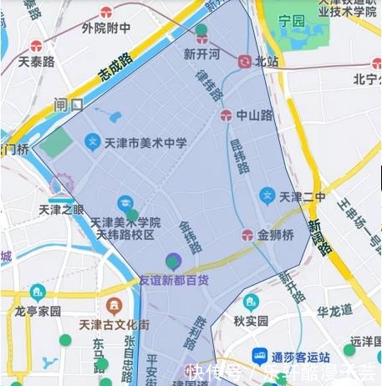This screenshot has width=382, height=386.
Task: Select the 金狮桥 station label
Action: (275, 236)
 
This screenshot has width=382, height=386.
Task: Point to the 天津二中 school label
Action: (302, 197)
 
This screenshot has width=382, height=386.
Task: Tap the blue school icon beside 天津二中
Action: (267, 196)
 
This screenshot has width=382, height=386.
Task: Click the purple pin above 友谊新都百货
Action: (173, 261)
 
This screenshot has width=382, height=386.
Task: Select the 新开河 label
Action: (201, 53)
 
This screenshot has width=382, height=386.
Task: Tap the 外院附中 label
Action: (106, 28)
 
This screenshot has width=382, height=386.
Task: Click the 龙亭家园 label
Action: (38, 310)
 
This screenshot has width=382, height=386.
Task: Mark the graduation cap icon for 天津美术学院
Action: (125, 202)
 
